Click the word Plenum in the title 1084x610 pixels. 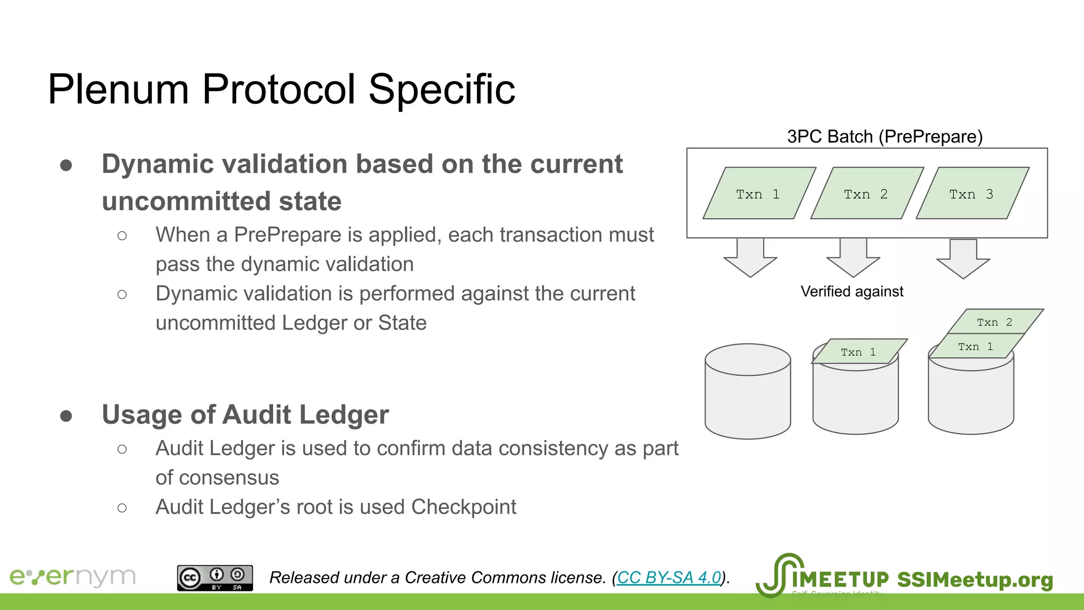pos(118,89)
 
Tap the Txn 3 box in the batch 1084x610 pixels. pos(972,194)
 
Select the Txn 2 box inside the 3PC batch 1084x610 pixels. pos(866,194)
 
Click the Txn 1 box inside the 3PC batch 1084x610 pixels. pos(758,194)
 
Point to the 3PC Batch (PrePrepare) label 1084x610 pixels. pos(884,137)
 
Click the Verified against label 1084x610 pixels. pos(852,291)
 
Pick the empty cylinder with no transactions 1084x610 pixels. pos(747,392)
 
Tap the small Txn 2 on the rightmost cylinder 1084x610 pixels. pos(994,322)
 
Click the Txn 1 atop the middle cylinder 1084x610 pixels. pos(858,352)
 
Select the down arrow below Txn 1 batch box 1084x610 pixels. pos(750,257)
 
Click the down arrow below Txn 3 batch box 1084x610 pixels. pos(963,258)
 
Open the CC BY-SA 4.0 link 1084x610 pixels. pos(669,577)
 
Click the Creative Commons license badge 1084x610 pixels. pos(215,578)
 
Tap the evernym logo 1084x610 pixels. pos(73,577)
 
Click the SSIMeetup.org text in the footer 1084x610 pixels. pos(974,579)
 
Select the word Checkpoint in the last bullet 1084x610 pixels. pos(463,507)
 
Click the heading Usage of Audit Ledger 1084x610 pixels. pos(245,415)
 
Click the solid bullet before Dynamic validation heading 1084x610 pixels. pos(66,166)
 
